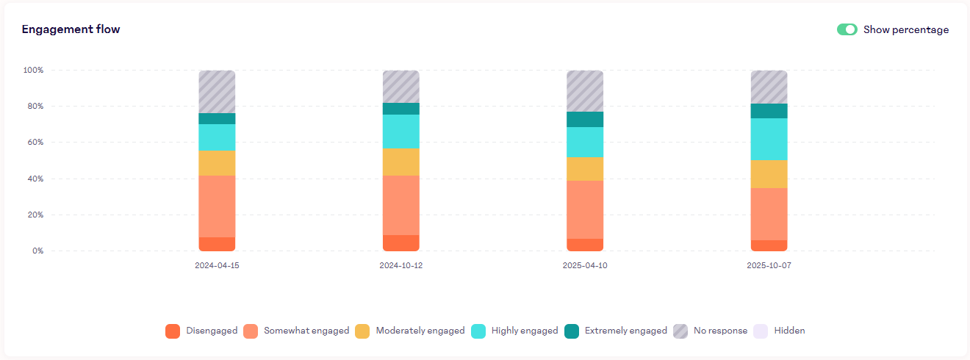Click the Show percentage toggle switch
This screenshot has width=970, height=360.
847,30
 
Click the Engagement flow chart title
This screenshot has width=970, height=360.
71,29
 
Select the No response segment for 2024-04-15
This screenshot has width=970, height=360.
217,92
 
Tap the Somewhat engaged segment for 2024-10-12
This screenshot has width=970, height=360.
401,205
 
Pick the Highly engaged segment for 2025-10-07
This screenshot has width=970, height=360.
769,139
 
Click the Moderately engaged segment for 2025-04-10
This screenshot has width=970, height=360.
585,168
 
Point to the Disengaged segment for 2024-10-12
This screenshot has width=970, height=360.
401,242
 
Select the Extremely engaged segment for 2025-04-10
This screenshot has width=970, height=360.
585,119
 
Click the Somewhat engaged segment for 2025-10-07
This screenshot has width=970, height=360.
769,214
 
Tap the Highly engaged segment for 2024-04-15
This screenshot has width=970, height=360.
217,137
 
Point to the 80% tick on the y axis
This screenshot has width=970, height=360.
34,107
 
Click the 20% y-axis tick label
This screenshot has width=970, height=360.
34,215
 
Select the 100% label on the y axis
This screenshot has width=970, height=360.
33,71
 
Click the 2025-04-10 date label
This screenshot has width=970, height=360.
585,265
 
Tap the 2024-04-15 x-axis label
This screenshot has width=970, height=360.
217,265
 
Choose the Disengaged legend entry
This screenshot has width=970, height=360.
201,331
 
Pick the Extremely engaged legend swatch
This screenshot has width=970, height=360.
572,331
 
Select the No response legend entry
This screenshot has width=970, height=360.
711,331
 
